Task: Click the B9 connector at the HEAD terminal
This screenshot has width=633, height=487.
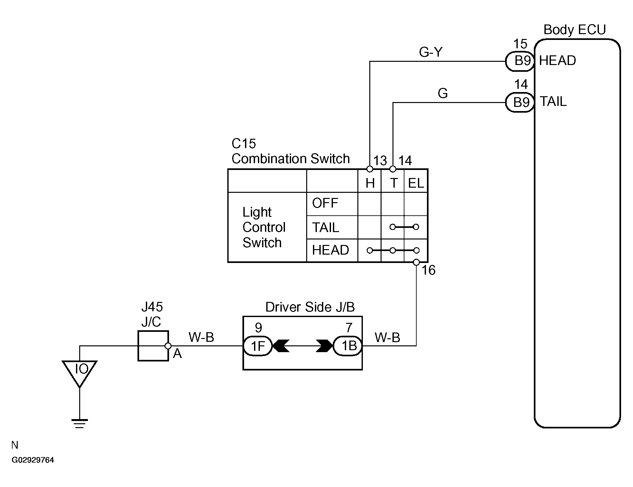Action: coord(520,61)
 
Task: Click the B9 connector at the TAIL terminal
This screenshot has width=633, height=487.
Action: coord(520,102)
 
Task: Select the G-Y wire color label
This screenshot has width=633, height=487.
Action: coord(431,52)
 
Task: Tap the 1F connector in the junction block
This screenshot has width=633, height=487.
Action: coord(258,346)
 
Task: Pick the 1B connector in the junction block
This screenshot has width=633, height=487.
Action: coord(347,346)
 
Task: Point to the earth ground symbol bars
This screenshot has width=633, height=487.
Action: coord(80,424)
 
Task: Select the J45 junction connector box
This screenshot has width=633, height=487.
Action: coord(153,346)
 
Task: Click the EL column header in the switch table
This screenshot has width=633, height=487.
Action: coord(416,183)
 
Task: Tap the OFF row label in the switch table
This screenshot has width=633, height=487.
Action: coord(325,203)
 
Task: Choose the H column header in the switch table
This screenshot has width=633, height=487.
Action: coord(370,183)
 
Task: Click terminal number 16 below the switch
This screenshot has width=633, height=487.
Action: coord(429,270)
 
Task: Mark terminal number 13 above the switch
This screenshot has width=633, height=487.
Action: coord(380,161)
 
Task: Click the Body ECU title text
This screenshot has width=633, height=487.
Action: coord(574,30)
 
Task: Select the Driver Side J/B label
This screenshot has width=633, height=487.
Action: coord(310,307)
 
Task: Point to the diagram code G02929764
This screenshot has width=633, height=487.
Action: coord(33,460)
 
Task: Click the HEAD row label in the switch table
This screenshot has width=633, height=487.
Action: coord(330,250)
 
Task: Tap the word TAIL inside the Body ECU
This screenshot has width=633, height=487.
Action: coord(553,102)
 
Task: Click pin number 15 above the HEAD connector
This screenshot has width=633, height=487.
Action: coord(520,44)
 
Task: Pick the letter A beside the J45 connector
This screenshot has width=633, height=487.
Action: coord(177,354)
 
